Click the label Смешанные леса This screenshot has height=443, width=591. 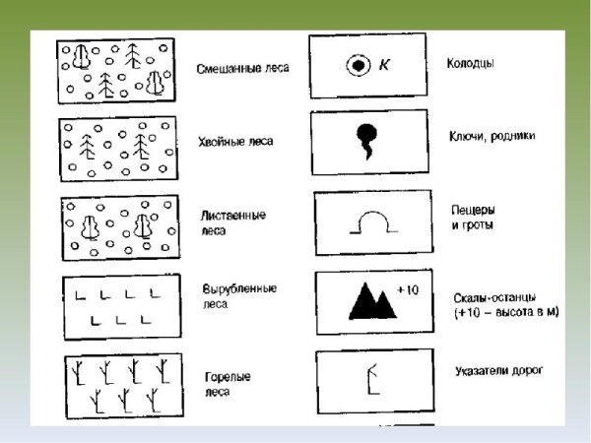click(x=242, y=69)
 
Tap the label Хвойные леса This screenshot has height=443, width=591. click(x=235, y=142)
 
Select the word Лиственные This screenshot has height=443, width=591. click(x=233, y=216)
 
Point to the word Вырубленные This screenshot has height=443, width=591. click(x=239, y=288)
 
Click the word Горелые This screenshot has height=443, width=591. click(x=228, y=377)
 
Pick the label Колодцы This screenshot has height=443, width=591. click(x=471, y=63)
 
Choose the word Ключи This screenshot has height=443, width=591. click(x=466, y=136)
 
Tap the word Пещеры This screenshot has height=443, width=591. click(x=473, y=210)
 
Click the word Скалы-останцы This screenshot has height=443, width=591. click(x=494, y=298)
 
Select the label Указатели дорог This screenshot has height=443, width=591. click(x=499, y=371)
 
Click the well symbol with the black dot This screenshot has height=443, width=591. click(x=359, y=66)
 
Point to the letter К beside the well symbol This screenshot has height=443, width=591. click(x=384, y=65)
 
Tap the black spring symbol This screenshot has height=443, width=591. click(x=366, y=141)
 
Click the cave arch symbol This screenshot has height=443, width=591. click(x=373, y=212)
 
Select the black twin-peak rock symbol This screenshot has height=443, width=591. click(x=372, y=301)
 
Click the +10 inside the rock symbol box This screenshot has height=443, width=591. click(x=408, y=289)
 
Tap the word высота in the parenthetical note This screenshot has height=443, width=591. click(x=517, y=313)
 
